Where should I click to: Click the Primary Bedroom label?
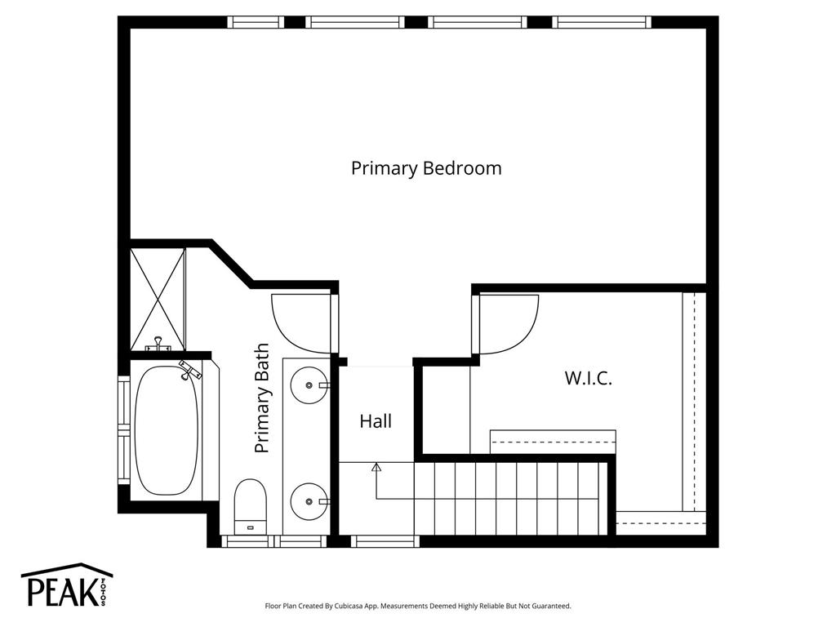pos(426,168)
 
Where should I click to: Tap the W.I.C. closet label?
pos(588,379)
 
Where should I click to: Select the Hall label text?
pos(376,421)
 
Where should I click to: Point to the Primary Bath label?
pos(262,398)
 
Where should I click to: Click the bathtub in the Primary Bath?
pos(167,431)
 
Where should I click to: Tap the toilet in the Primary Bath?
pos(250,506)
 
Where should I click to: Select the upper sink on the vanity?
pos(309,385)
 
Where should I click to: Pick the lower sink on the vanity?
pos(309,501)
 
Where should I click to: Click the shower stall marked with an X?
pos(158,299)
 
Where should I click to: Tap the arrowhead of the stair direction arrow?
pos(376,468)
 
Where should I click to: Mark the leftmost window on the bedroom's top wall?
pos(256,22)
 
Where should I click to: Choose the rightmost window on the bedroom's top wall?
pos(602,22)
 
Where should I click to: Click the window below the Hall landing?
pos(385,541)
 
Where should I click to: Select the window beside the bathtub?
pos(124,429)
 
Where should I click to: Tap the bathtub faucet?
pos(189,370)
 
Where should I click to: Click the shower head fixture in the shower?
pos(158,345)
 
